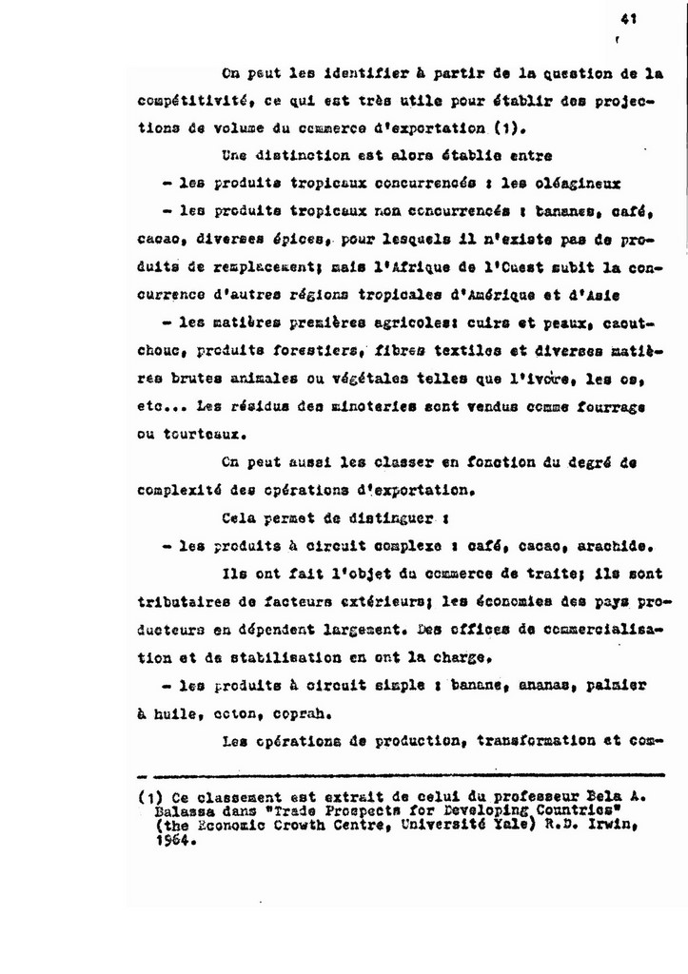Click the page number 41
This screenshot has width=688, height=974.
[627, 17]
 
